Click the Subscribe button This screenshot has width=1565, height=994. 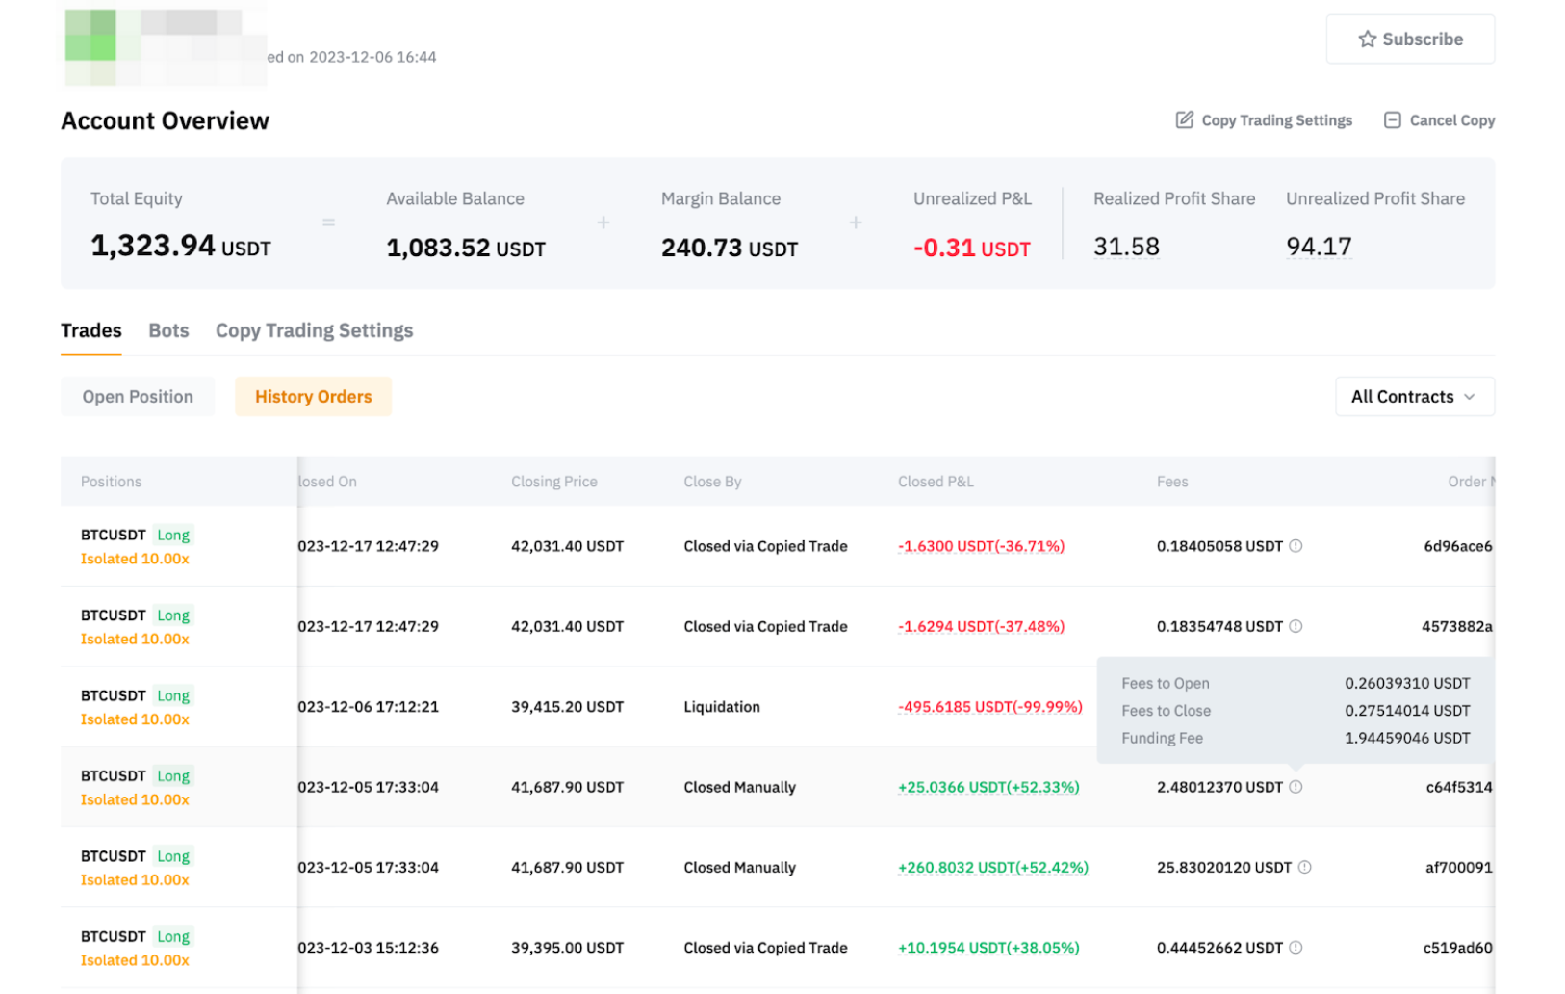pyautogui.click(x=1409, y=39)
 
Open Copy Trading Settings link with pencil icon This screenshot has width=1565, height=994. pyautogui.click(x=1264, y=120)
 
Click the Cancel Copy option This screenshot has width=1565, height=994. pyautogui.click(x=1439, y=120)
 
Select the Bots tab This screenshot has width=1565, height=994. pyautogui.click(x=168, y=330)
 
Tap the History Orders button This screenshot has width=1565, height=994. pyautogui.click(x=313, y=397)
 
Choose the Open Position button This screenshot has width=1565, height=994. pyautogui.click(x=138, y=397)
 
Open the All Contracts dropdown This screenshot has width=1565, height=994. pyautogui.click(x=1413, y=397)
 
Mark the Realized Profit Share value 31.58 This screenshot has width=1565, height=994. pyautogui.click(x=1126, y=247)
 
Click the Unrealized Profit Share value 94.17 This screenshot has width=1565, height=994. pyautogui.click(x=1319, y=247)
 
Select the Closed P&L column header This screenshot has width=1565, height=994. pyautogui.click(x=936, y=482)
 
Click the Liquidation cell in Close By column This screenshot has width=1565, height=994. pyautogui.click(x=722, y=707)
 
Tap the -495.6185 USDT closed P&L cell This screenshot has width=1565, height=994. pyautogui.click(x=989, y=707)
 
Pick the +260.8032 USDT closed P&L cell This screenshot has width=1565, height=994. pyautogui.click(x=992, y=868)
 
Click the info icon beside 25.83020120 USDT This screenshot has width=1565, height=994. pyautogui.click(x=1304, y=868)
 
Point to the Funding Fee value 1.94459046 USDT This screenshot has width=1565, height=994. pyautogui.click(x=1407, y=738)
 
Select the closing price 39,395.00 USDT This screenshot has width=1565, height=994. pyautogui.click(x=567, y=948)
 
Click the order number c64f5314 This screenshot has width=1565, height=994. pyautogui.click(x=1458, y=788)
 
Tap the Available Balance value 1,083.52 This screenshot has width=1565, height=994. pyautogui.click(x=465, y=248)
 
